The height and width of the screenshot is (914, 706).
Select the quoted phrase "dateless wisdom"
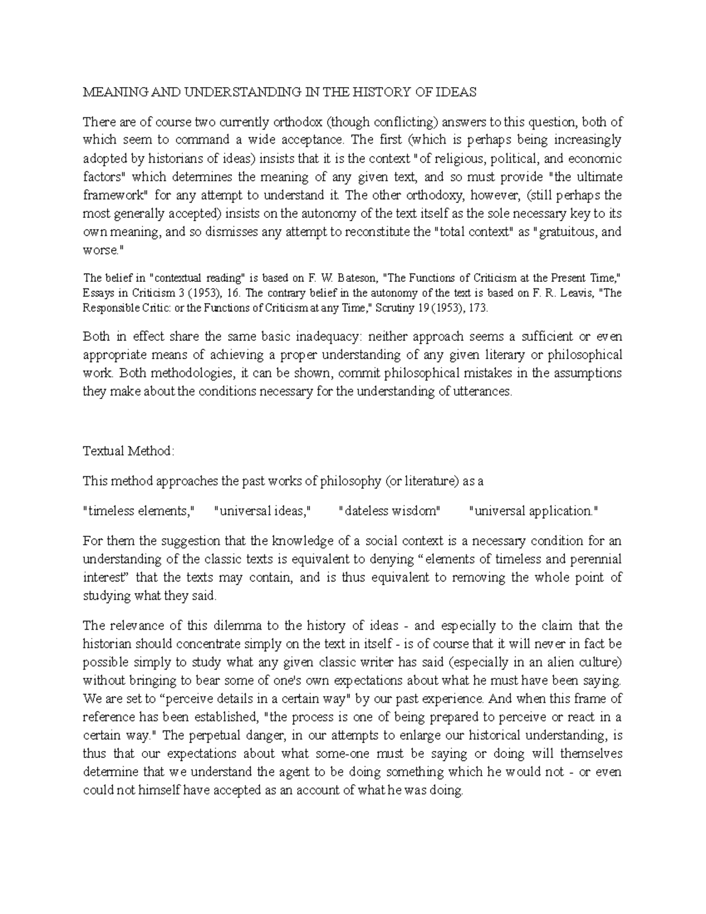(x=390, y=511)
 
